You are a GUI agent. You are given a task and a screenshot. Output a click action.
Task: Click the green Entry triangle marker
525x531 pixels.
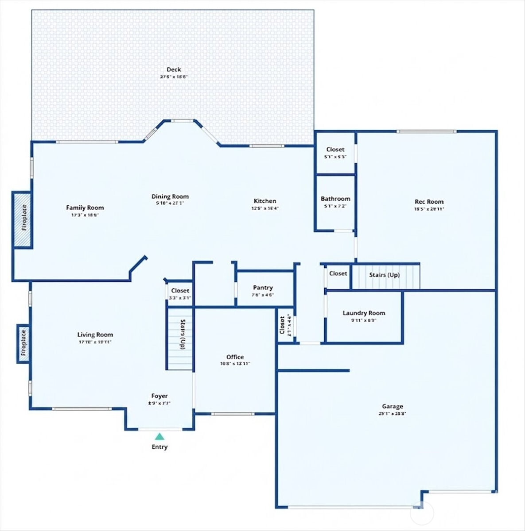159,436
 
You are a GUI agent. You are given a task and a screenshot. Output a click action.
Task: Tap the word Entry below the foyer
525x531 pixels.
159,447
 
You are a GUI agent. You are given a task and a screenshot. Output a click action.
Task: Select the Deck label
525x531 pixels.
174,69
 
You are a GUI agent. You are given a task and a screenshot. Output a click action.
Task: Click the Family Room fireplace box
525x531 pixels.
22,220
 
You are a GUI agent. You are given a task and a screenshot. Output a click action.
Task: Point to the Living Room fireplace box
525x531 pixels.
23,344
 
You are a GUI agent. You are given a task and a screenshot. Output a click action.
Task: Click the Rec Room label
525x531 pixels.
428,202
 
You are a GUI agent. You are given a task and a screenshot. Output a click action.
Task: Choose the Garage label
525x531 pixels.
393,406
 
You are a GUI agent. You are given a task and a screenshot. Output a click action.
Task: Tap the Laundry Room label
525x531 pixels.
364,313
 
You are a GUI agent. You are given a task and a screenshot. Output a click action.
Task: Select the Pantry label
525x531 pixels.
263,288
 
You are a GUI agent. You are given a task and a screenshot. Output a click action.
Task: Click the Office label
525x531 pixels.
235,357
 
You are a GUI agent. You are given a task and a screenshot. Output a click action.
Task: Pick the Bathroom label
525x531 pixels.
335,199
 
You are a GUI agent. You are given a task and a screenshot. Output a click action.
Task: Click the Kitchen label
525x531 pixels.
265,201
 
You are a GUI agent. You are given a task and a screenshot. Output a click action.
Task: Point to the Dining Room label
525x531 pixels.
170,196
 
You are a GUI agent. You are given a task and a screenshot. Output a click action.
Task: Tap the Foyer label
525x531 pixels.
159,396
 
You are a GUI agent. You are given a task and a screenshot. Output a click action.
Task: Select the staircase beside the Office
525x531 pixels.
180,339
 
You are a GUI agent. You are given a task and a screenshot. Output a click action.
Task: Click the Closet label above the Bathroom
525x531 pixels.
335,150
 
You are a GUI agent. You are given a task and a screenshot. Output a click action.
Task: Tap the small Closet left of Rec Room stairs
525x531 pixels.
338,273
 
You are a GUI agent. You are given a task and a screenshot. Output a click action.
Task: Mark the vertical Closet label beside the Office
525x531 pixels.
282,325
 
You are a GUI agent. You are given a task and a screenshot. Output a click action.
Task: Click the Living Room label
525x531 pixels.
95,335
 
